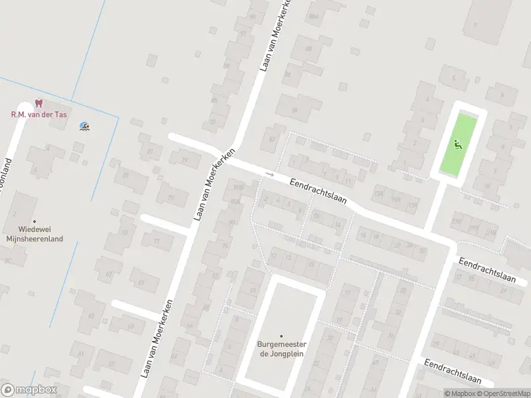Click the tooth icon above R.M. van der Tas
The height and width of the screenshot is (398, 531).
pos(38,103)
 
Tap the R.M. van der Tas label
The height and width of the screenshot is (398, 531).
pos(38,114)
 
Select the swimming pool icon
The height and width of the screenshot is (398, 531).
pos(84,126)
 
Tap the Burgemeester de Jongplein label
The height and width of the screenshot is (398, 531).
pos(281,349)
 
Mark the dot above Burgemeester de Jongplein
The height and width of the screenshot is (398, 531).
pos(281,336)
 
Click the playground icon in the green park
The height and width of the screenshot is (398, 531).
pos(457,143)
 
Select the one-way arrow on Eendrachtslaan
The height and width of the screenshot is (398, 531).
pos(269,174)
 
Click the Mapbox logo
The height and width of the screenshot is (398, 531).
pos(29,390)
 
